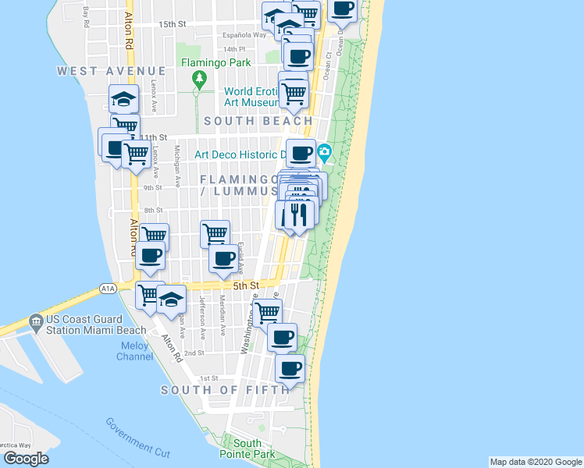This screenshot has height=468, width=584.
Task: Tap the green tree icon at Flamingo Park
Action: pyautogui.click(x=199, y=78)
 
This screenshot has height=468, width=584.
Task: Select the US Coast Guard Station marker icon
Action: pyautogui.click(x=35, y=321)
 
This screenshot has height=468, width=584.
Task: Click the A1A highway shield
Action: pyautogui.click(x=108, y=289)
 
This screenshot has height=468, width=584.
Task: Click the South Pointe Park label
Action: pyautogui.click(x=247, y=448)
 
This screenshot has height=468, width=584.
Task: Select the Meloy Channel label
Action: pyautogui.click(x=137, y=351)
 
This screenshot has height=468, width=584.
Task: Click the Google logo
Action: pyautogui.click(x=26, y=459)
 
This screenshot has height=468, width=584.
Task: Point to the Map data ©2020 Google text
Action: pyautogui.click(x=535, y=462)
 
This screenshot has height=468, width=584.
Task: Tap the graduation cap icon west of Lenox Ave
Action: pyautogui.click(x=124, y=98)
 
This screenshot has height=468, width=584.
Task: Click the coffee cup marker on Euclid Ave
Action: pyautogui.click(x=223, y=257)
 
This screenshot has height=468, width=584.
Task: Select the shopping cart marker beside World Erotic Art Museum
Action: pyautogui.click(x=294, y=92)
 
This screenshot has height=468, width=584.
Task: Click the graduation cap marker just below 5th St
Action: pyautogui.click(x=171, y=300)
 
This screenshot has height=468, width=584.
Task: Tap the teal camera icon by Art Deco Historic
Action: pyautogui.click(x=326, y=151)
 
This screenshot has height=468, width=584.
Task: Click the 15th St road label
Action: pyautogui.click(x=172, y=24)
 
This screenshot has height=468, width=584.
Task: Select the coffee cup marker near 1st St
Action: pyautogui.click(x=290, y=368)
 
